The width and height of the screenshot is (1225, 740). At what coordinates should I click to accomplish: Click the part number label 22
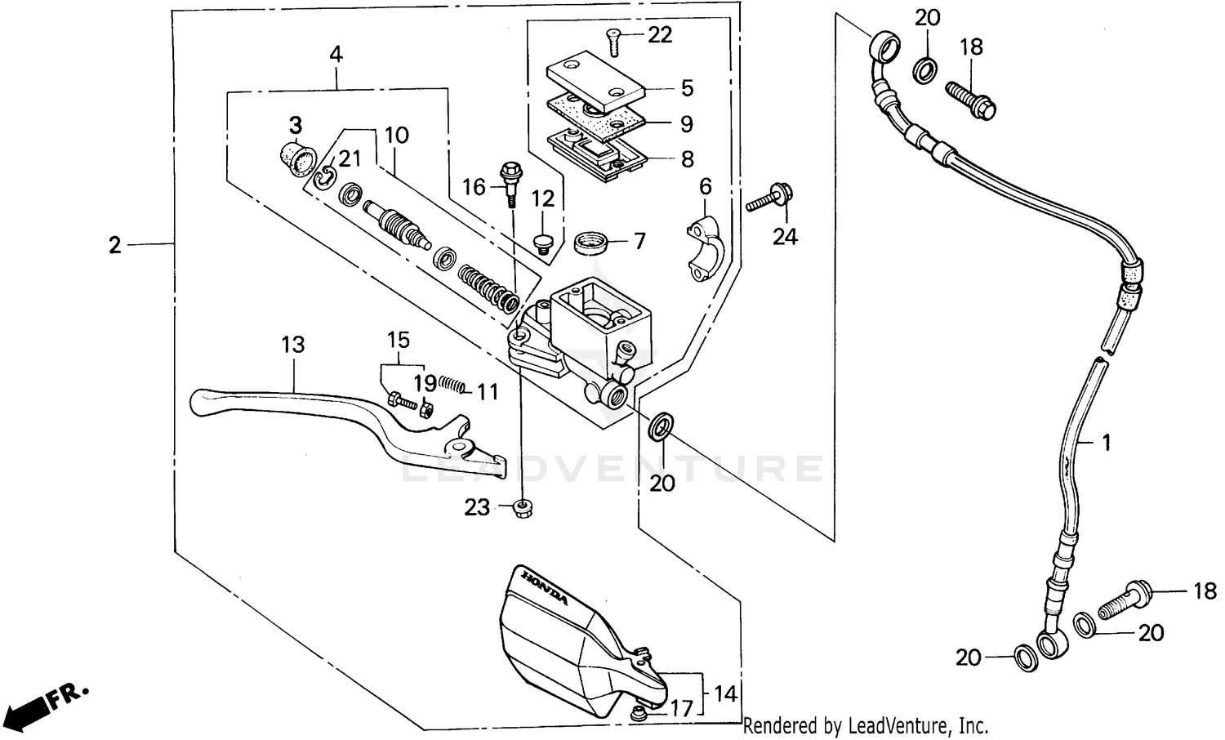pyautogui.click(x=660, y=34)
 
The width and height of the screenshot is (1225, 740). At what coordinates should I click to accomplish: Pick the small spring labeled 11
pyautogui.click(x=452, y=384)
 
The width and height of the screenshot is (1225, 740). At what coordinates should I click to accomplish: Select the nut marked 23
pyautogui.click(x=520, y=509)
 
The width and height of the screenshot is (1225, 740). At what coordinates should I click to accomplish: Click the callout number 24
pyautogui.click(x=785, y=237)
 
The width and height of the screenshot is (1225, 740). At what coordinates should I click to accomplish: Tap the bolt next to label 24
pyautogui.click(x=772, y=196)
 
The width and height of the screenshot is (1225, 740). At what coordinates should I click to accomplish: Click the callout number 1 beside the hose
pyautogui.click(x=1106, y=443)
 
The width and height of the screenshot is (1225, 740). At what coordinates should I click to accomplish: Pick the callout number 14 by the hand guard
pyautogui.click(x=725, y=694)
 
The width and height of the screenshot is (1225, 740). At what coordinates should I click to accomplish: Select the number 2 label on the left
pyautogui.click(x=115, y=244)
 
